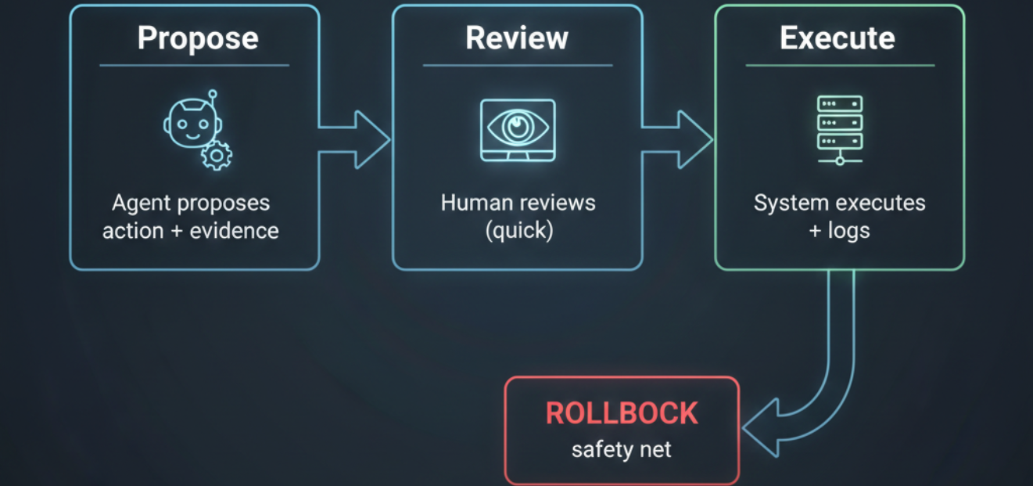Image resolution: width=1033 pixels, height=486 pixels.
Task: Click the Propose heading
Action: coord(198,38)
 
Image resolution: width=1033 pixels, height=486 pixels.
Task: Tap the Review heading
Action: coord(517,38)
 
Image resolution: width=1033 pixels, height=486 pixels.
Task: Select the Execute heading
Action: coord(838,38)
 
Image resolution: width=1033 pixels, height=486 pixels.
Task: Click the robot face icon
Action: coord(190,126)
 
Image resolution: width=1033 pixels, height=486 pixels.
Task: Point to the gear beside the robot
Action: coord(217,156)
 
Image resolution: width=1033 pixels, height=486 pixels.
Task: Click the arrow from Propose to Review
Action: coord(356,140)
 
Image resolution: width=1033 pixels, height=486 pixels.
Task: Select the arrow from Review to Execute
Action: coord(678,140)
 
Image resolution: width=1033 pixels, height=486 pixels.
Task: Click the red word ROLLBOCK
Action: coord(622,413)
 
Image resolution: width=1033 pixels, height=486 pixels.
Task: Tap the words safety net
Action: coord(622,450)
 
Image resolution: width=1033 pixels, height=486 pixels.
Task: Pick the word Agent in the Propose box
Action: coord(142,203)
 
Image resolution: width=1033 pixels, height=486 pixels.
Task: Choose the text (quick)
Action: coord(518,231)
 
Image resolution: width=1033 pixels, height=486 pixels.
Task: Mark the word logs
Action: coord(848,231)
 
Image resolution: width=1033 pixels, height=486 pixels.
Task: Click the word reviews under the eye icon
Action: coord(558,203)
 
